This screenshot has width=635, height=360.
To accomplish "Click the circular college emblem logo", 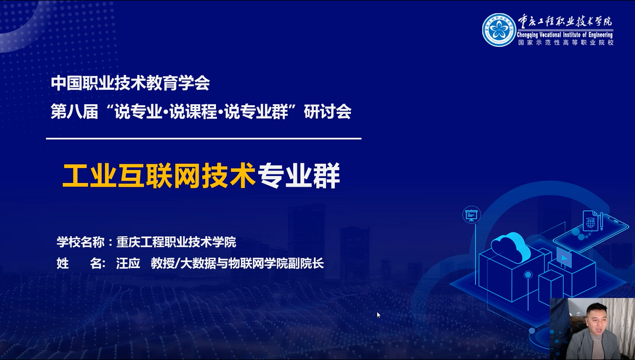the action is point(499,30).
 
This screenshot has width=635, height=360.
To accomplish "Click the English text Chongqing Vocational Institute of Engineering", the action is point(565,35).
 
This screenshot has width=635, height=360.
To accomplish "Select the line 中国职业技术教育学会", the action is point(130,83).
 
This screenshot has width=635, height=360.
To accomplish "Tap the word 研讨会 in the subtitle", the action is point(328,112).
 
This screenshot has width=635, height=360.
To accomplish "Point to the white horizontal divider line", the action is point(204,138).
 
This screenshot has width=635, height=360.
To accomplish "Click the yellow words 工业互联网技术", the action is point(159,176).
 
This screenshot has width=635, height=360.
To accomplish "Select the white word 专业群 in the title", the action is point(299,176).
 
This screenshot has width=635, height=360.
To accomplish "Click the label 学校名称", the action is point(81,242).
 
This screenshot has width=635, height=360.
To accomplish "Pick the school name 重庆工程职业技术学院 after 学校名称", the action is point(176,242).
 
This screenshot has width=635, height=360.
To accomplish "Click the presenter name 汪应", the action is point(128,263).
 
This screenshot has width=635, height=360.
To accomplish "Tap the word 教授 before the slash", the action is point(162,263).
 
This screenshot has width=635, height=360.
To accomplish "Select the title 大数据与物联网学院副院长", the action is point(252,263).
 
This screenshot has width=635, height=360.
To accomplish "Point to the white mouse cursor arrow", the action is point(379,315).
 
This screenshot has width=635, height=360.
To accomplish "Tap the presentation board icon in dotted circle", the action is point(471,215).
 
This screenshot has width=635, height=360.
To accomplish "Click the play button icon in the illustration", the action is point(564,257).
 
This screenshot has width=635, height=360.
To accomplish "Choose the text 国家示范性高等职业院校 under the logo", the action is point(565,42).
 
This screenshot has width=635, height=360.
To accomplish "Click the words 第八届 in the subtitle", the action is point(74,112).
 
